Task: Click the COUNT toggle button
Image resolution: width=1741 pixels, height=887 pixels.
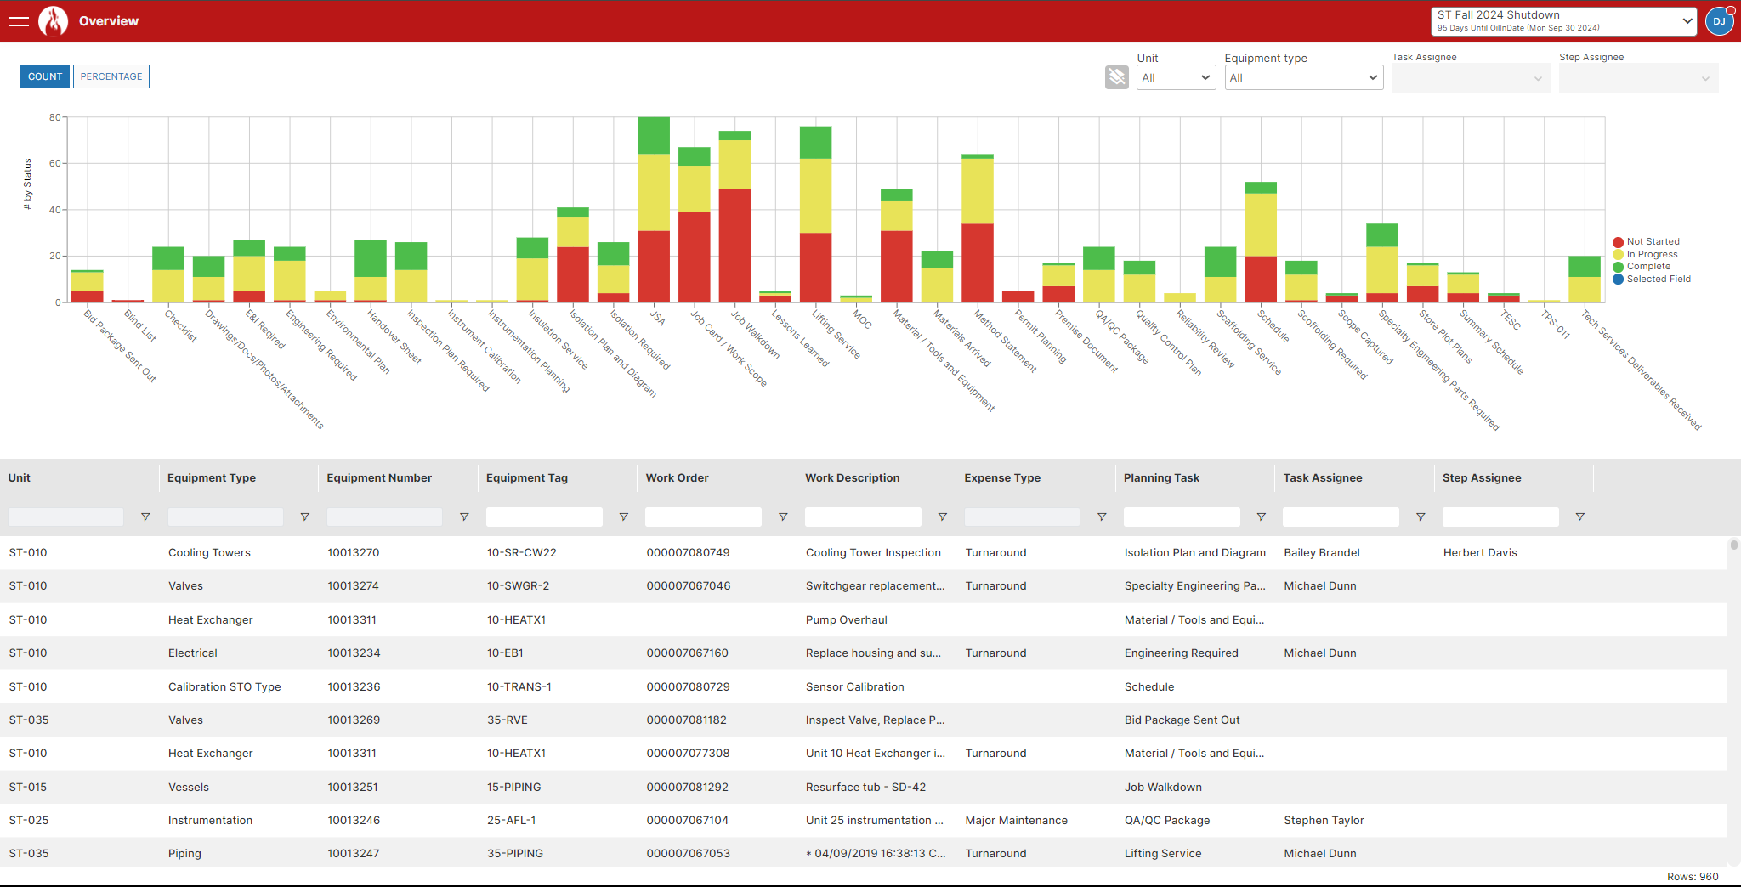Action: tap(45, 76)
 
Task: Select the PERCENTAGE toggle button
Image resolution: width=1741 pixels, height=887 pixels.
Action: tap(111, 76)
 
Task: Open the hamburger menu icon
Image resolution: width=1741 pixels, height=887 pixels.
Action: tap(19, 21)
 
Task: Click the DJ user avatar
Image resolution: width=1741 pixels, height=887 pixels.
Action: tap(1719, 21)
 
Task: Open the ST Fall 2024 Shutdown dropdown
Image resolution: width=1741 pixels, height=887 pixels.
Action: tap(1563, 21)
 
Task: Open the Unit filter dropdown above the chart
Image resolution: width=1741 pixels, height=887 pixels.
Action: tap(1176, 77)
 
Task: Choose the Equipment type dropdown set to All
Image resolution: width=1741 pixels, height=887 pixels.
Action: tap(1303, 77)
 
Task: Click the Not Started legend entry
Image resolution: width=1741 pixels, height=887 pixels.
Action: tap(1652, 242)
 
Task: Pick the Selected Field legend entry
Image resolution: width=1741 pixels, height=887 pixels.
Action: tap(1658, 280)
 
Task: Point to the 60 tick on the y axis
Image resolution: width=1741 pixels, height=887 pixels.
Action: tap(55, 163)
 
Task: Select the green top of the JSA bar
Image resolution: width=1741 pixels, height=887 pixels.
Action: tap(654, 135)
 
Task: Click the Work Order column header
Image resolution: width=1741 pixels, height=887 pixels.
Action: tap(678, 478)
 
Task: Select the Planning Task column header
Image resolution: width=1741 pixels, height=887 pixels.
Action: tap(1161, 478)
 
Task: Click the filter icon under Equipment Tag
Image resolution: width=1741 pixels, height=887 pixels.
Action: tap(623, 517)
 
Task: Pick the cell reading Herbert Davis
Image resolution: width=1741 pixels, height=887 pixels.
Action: tap(1480, 553)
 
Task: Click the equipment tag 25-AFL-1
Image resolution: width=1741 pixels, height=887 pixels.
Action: tap(511, 821)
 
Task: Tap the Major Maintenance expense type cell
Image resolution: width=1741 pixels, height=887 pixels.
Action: tap(1016, 821)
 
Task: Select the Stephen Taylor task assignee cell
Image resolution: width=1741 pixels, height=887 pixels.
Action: tap(1324, 821)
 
